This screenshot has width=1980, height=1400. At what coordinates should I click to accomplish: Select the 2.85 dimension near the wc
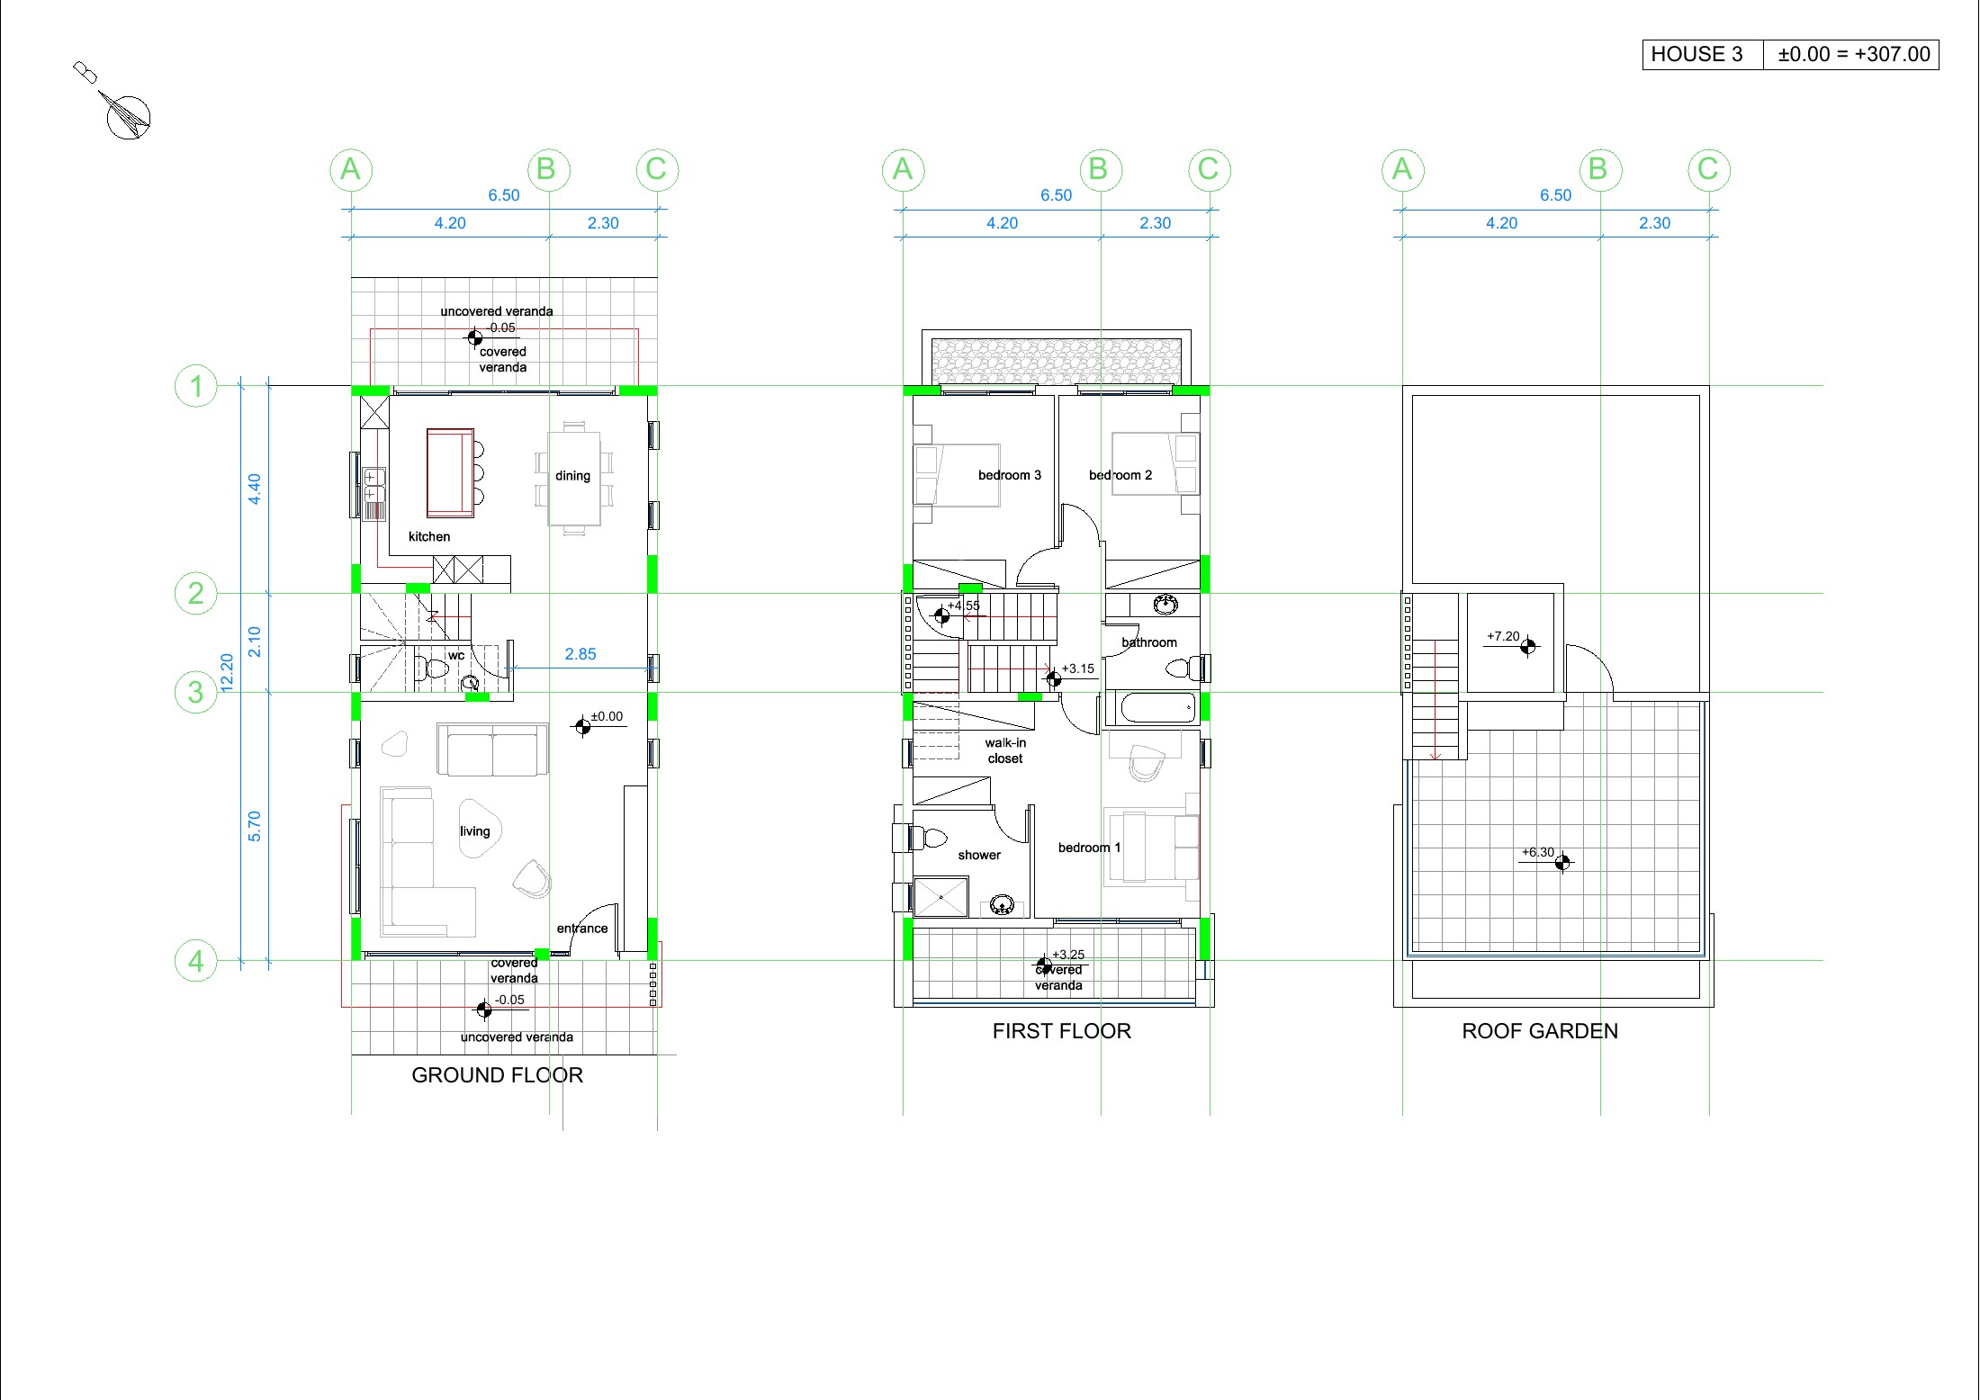[x=580, y=654]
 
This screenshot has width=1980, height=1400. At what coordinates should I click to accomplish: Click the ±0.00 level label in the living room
[x=607, y=716]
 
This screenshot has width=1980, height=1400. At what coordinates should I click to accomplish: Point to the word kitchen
[x=429, y=536]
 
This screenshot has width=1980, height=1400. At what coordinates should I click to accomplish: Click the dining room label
[x=572, y=475]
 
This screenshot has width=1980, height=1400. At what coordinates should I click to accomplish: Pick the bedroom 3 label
[x=1010, y=475]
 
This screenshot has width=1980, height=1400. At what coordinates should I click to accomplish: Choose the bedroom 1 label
[x=1089, y=848]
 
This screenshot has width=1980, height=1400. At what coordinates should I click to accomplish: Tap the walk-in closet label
[x=1005, y=750]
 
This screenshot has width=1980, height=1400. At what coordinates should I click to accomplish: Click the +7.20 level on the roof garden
[x=1503, y=636]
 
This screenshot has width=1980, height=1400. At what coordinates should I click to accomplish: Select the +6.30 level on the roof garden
[x=1538, y=852]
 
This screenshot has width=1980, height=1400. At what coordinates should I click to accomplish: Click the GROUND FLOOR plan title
[x=497, y=1075]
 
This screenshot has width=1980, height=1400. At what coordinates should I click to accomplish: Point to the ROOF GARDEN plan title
[x=1540, y=1031]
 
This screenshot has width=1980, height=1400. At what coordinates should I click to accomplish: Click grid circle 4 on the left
[x=195, y=961]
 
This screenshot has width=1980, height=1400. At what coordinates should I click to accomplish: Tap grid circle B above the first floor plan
[x=1099, y=169]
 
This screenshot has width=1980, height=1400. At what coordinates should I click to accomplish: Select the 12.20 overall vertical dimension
[x=227, y=672]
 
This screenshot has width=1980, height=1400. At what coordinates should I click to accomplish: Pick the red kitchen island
[x=450, y=473]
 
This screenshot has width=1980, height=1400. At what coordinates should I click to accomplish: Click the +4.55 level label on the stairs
[x=963, y=606]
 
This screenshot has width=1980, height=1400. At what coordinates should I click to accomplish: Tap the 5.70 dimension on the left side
[x=254, y=826]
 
